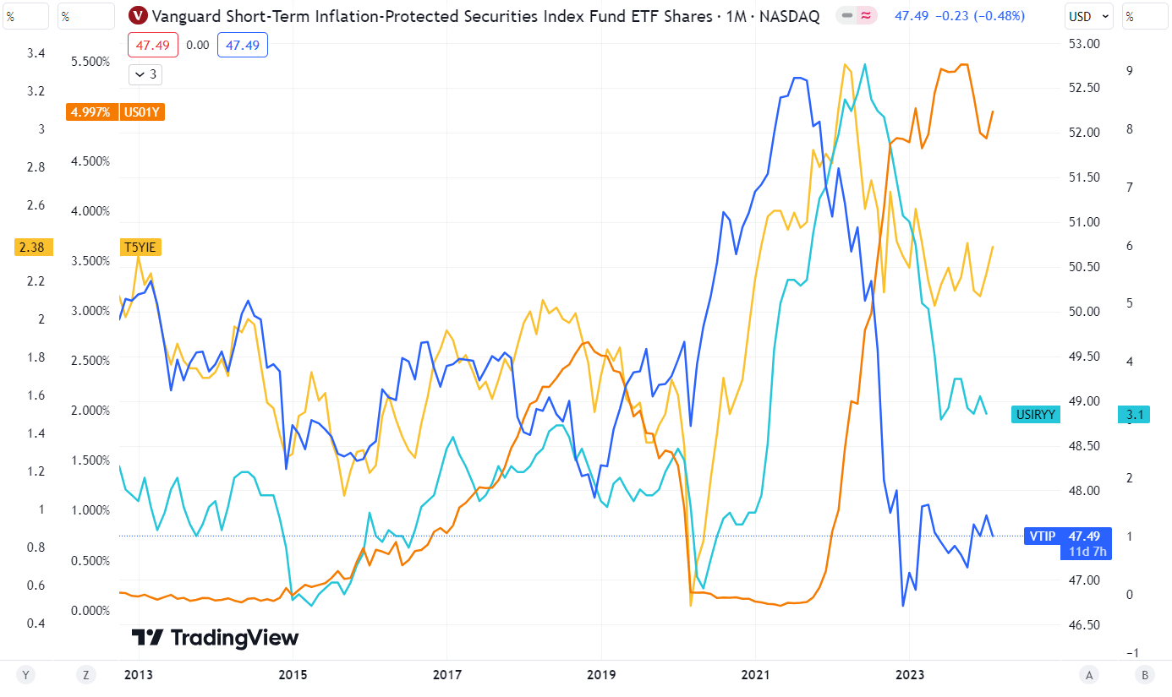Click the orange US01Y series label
point(142,112)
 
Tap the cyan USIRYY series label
point(1036,414)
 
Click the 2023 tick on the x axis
point(909,674)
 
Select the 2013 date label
point(138,674)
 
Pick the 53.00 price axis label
point(1084,44)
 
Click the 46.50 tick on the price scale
point(1084,625)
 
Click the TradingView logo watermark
point(215,638)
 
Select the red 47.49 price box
point(153,45)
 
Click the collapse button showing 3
point(145,74)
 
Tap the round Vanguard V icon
point(138,16)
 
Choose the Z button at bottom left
point(85,674)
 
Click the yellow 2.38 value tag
point(33,247)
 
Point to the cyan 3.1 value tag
point(1135,414)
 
